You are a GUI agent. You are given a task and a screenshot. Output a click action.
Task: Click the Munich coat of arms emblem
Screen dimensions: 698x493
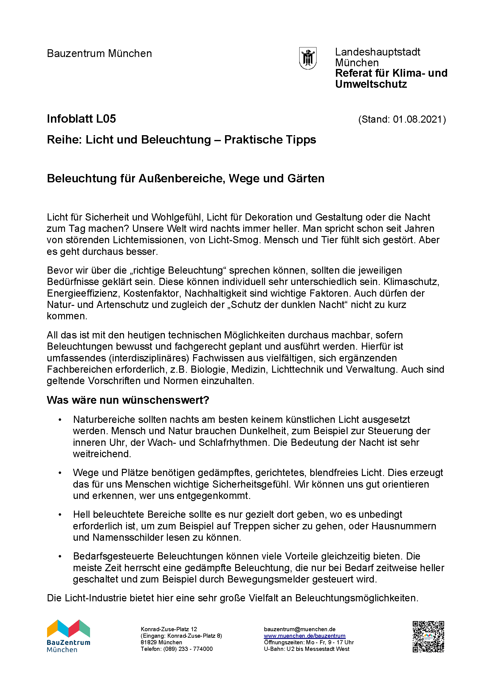tap(308, 58)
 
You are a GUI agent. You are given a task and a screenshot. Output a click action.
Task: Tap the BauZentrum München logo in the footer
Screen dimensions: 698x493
tap(69, 636)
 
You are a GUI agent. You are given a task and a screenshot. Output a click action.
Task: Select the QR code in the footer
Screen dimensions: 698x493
tap(428, 637)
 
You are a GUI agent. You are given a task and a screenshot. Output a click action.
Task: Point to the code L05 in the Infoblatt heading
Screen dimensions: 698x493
tap(106, 119)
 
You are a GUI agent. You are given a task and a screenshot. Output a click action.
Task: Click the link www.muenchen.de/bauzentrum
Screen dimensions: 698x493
tap(305, 636)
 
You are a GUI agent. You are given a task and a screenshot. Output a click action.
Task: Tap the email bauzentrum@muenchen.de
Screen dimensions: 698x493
tap(300, 629)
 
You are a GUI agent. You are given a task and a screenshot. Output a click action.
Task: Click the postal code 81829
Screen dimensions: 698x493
tap(148, 642)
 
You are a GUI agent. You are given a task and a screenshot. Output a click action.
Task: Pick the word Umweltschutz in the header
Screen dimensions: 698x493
tap(371, 84)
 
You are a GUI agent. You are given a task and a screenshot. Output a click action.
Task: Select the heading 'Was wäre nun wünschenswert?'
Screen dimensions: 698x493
tap(128, 400)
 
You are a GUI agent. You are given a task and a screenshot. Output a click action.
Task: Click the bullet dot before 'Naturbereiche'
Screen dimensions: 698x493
tap(60, 420)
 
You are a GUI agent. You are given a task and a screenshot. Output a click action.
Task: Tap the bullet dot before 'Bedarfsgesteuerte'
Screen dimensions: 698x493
tap(60, 557)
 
